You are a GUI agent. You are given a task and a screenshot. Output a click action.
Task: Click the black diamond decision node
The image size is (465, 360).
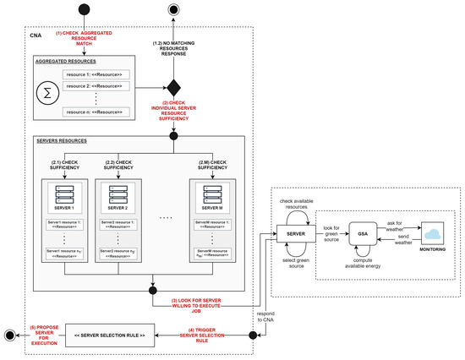point(174,86)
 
